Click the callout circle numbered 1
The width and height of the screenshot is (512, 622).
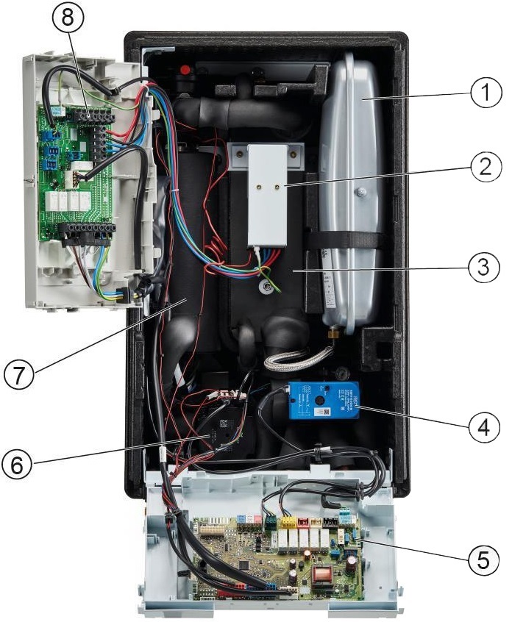point(482,94)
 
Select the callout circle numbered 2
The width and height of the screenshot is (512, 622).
point(482,168)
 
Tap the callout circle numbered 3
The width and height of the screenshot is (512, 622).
point(482,265)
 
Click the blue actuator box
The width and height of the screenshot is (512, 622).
point(324,401)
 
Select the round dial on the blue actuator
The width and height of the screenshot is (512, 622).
point(322,400)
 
